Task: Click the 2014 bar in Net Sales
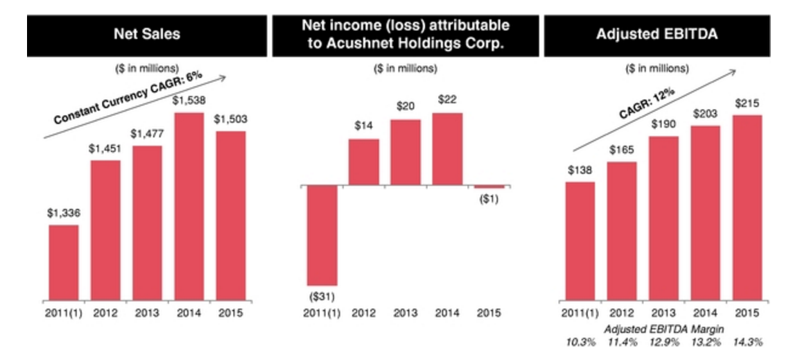189,207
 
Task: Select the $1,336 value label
63,214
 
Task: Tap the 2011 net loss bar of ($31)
322,235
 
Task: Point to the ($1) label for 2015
489,198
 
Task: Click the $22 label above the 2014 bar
447,100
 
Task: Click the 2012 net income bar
363,162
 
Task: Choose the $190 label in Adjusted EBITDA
663,125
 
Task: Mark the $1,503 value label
230,119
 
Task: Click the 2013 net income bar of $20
406,153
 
